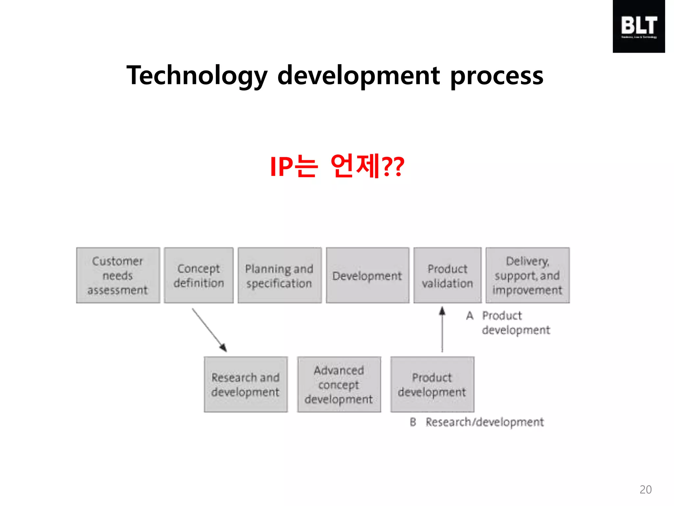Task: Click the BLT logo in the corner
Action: point(638,26)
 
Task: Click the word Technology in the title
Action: point(197,76)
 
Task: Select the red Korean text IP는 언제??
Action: point(337,166)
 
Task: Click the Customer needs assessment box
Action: point(118,275)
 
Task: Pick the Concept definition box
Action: point(198,275)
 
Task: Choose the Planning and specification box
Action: point(279,275)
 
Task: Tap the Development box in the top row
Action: point(367,275)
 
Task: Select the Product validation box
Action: point(447,275)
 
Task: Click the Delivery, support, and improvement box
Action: point(528,275)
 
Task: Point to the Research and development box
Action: point(246,384)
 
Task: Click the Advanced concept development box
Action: point(339,384)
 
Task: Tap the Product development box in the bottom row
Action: point(432,384)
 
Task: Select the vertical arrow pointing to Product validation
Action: point(442,329)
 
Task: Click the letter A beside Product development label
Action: point(470,316)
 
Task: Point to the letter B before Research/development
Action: point(413,422)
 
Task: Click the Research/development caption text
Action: point(484,422)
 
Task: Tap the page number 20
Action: point(645,490)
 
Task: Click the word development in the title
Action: point(359,76)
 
